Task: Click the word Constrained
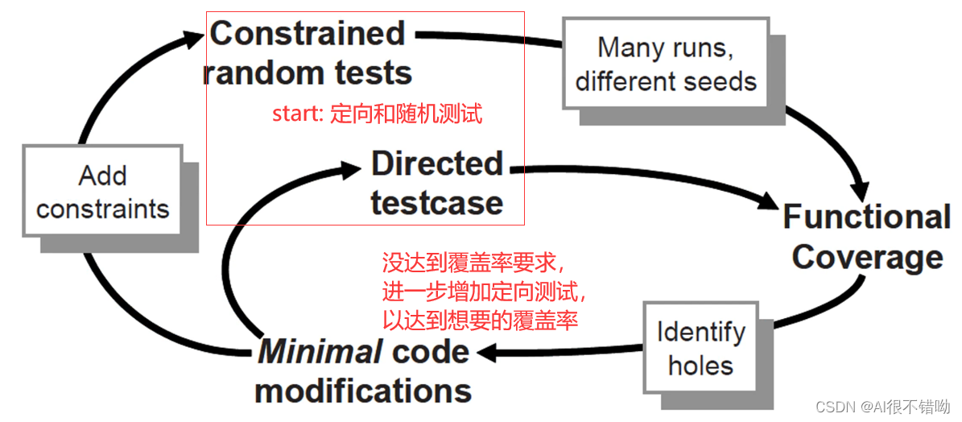pyautogui.click(x=307, y=34)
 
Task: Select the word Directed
pyautogui.click(x=437, y=164)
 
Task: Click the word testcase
pyautogui.click(x=437, y=203)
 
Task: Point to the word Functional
pyautogui.click(x=867, y=217)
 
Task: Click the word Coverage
pyautogui.click(x=867, y=258)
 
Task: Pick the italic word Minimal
pyautogui.click(x=319, y=351)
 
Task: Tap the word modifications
pyautogui.click(x=363, y=391)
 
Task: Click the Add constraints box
pyautogui.click(x=102, y=192)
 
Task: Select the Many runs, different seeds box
pyautogui.click(x=665, y=64)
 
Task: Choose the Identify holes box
pyautogui.click(x=700, y=348)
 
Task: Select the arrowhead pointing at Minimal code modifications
pyautogui.click(x=485, y=351)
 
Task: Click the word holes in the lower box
pyautogui.click(x=700, y=366)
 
